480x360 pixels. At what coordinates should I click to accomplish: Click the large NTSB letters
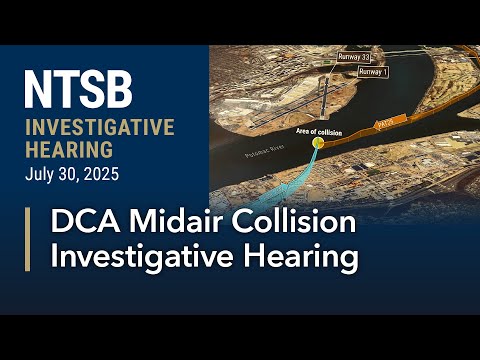point(78,90)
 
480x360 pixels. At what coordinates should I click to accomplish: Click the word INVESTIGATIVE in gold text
point(99,128)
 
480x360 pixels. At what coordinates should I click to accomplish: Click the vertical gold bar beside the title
point(27,240)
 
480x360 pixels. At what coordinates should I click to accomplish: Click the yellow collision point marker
point(319,144)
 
